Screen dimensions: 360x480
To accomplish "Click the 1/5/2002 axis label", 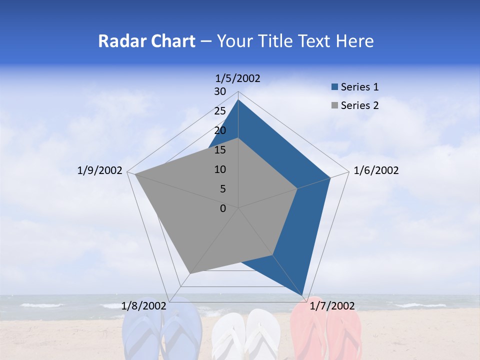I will pos(237,78).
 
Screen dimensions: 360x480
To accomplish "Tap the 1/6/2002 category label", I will pos(376,170).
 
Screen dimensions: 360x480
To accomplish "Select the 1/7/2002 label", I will pos(332,306).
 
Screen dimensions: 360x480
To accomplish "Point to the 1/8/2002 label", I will pos(144,306).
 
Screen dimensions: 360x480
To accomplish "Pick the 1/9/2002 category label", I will pos(100,170).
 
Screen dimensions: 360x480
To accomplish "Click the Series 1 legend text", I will pos(359,87).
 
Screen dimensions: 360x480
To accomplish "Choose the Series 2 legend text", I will pos(359,105).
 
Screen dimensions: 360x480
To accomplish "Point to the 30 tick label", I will pos(220,91).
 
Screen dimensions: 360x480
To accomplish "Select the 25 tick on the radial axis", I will pos(220,111).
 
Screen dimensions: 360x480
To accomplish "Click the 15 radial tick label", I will pos(220,150).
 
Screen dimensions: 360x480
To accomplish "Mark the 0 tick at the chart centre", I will pos(223,208).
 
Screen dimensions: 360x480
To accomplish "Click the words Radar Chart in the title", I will pos(146,41).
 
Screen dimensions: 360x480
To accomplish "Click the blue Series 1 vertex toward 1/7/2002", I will pos(303,295).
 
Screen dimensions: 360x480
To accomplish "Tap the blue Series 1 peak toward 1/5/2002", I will pos(238,100).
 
